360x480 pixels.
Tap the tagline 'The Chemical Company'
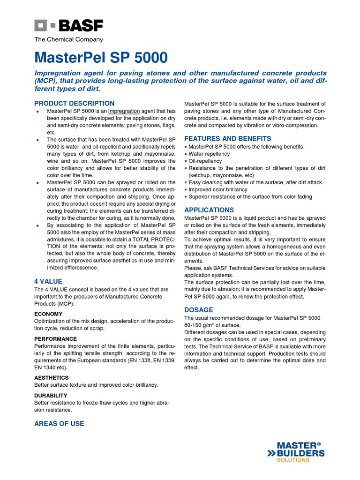[x=68, y=40]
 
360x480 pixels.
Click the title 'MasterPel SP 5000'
[x=101, y=58]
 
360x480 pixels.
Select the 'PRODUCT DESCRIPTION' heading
[x=74, y=103]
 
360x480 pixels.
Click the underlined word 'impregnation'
[x=124, y=111]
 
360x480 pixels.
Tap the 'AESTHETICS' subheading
[x=51, y=377]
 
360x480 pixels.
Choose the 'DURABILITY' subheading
[x=51, y=396]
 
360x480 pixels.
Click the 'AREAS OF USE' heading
[x=59, y=424]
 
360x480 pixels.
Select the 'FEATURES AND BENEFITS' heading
[x=227, y=139]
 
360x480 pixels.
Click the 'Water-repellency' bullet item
[x=209, y=154]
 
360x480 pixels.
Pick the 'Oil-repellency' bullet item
[x=205, y=161]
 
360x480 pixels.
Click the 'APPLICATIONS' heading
[x=209, y=210]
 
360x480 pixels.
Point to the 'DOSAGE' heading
[x=199, y=310]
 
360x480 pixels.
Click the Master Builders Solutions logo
[x=295, y=452]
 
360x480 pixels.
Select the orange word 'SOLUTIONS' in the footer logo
[x=293, y=460]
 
